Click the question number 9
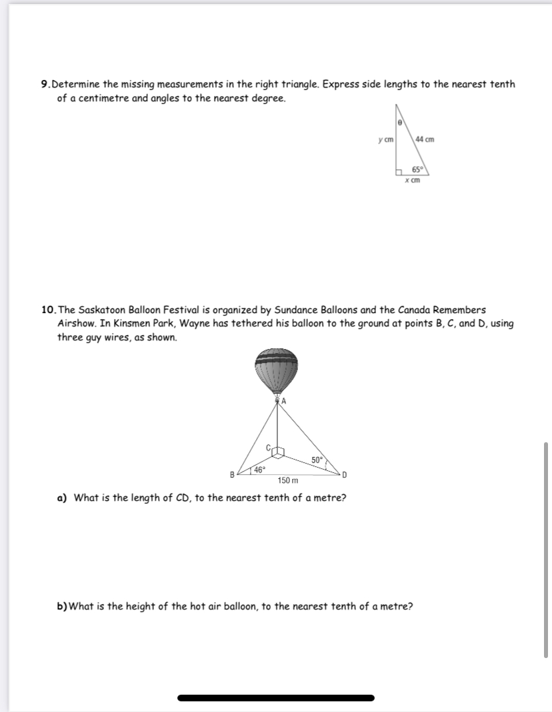click(45, 85)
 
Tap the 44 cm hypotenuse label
click(424, 139)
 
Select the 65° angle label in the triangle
click(418, 169)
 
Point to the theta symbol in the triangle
click(399, 123)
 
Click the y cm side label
click(385, 139)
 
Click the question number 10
click(48, 310)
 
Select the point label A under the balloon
click(284, 401)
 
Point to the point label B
click(232, 475)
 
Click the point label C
click(270, 448)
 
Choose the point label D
click(344, 474)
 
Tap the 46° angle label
click(258, 470)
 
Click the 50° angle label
click(317, 460)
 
